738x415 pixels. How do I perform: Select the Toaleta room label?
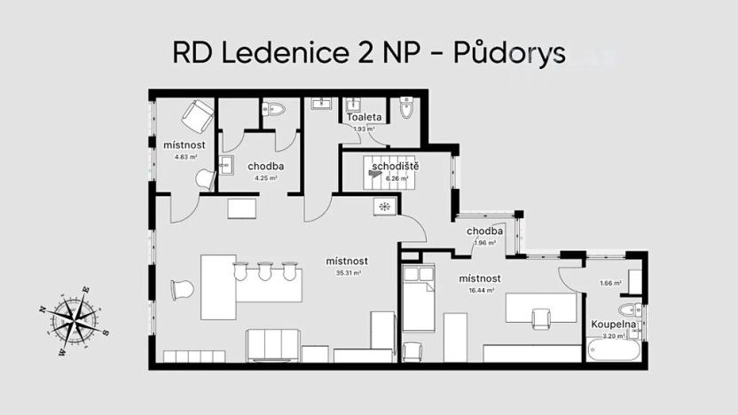[x=365, y=117]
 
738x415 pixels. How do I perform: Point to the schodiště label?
[x=396, y=166]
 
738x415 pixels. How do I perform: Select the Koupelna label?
[x=611, y=325]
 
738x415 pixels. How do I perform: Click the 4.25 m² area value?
[x=266, y=177]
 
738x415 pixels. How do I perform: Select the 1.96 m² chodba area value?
[x=484, y=243]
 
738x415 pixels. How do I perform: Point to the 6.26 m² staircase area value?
[x=396, y=178]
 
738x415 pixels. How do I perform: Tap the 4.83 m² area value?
[x=185, y=157]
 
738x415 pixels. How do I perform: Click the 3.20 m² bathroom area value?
[x=610, y=337]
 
